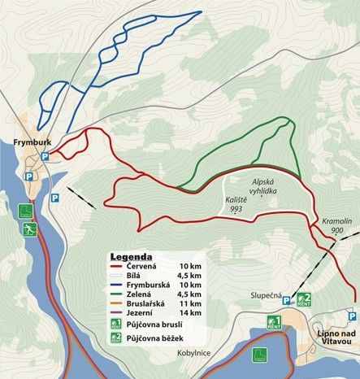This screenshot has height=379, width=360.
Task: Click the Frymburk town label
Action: pos(26,140)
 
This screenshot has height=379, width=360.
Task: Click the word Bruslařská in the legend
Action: pos(151,300)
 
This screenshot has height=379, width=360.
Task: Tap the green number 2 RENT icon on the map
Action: pos(304,299)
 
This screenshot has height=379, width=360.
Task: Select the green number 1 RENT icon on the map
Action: pos(275,321)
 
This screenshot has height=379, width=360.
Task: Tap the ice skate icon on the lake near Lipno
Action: pos(260,354)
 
